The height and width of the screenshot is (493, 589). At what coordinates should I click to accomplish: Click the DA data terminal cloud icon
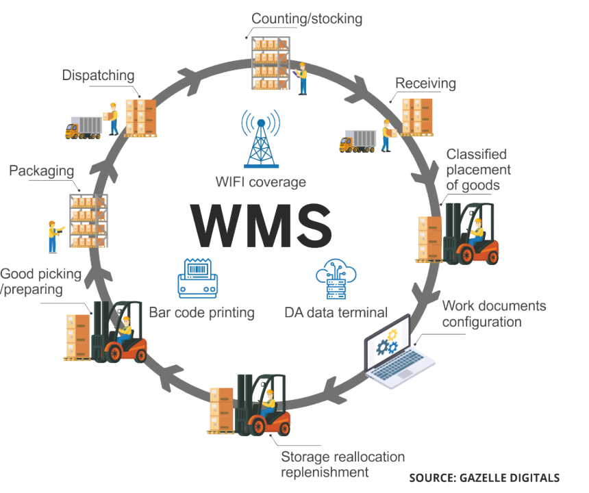336,281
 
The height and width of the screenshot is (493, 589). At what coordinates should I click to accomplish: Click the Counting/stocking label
307,18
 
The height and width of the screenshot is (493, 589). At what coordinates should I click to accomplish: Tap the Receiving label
425,84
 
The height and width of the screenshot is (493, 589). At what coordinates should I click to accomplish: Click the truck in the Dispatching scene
83,127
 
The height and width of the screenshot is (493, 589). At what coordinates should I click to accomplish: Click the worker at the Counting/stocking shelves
301,77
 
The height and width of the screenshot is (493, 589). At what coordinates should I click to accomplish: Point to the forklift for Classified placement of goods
470,233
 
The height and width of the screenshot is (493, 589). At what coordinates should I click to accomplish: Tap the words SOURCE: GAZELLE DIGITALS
484,477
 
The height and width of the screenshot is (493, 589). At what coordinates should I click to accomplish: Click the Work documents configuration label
494,313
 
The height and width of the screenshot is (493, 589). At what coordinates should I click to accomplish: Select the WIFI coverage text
260,182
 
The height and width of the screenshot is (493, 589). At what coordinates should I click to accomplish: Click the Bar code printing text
202,313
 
